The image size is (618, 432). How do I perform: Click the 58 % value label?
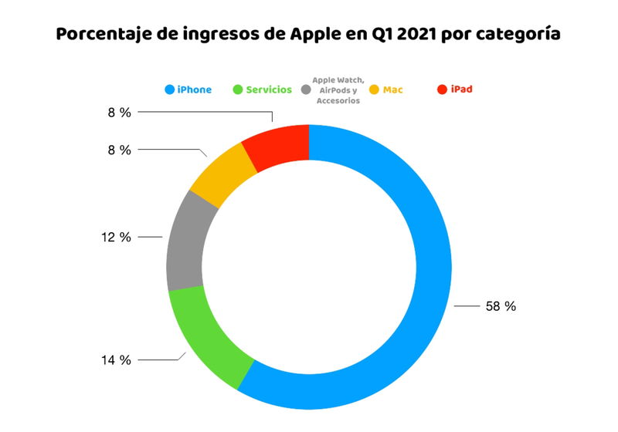(501, 306)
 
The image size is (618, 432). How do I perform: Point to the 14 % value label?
(115, 359)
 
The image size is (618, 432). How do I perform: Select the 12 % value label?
(115, 237)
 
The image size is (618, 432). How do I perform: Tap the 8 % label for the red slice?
(119, 113)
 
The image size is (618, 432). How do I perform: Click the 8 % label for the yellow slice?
(119, 150)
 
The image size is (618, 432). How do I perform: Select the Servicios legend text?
(269, 89)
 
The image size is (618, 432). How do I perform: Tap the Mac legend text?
(392, 89)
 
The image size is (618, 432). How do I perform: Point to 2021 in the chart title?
(413, 35)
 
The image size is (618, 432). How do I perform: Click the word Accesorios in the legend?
(338, 101)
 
